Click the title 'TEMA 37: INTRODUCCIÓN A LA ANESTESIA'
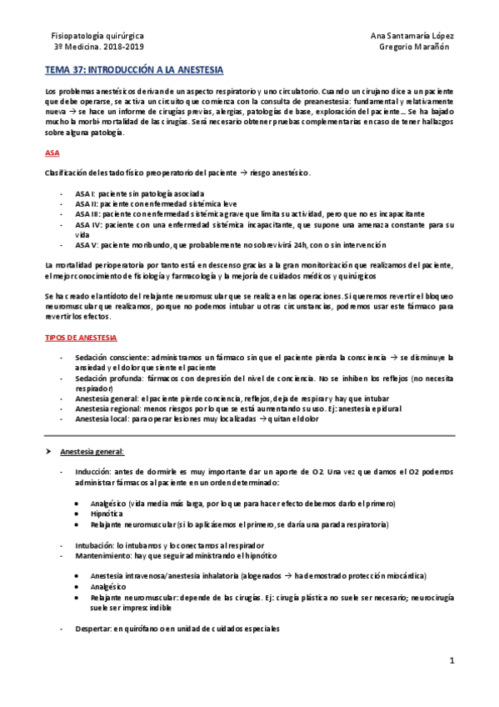point(133,73)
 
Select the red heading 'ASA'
point(52,153)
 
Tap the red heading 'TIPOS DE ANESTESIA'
point(81,338)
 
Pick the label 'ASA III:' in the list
point(88,213)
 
